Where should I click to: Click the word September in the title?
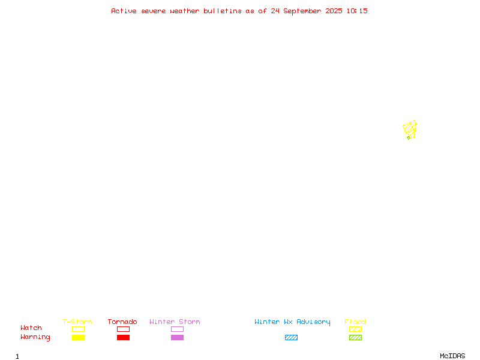[x=302, y=11]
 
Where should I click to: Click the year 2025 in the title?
[x=334, y=11]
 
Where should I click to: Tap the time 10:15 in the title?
[x=357, y=11]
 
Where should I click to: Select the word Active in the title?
[x=124, y=11]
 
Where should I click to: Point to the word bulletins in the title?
[x=223, y=11]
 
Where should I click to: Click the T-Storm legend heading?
[x=77, y=322]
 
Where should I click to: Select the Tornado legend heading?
[x=122, y=322]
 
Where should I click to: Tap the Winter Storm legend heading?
[x=175, y=322]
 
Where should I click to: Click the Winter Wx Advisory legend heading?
[x=292, y=322]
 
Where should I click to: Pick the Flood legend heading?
[x=355, y=322]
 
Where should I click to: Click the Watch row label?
[x=31, y=328]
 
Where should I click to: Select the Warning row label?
[x=35, y=337]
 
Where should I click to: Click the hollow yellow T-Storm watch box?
[x=79, y=329]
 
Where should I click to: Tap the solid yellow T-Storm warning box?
[x=79, y=337]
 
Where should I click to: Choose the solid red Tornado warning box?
[x=124, y=337]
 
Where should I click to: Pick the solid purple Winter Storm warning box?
[x=177, y=337]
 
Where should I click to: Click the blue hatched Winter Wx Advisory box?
[x=291, y=337]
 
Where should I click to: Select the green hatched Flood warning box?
[x=355, y=337]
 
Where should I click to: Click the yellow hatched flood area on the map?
[x=409, y=128]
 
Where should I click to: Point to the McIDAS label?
[x=452, y=356]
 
